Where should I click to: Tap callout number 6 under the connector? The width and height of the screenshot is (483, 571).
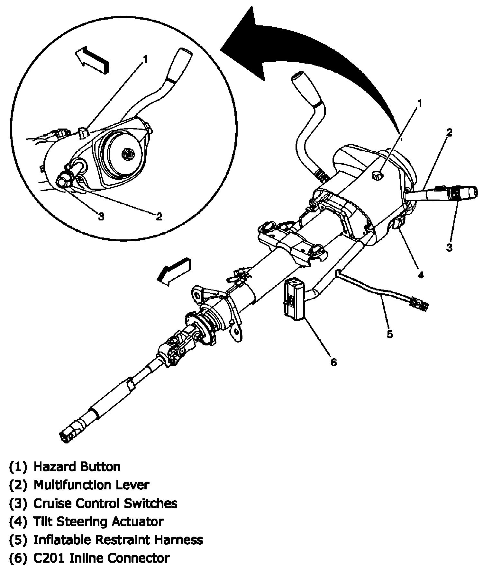[333, 362]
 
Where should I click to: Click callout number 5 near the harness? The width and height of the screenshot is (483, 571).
[389, 334]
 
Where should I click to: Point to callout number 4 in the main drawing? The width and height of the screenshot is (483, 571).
[420, 275]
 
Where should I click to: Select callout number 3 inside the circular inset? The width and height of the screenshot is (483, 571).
[101, 217]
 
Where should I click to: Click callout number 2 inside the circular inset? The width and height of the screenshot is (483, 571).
[159, 217]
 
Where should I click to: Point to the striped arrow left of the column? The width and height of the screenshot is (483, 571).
[174, 271]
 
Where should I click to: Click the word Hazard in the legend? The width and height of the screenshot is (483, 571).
[55, 466]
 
